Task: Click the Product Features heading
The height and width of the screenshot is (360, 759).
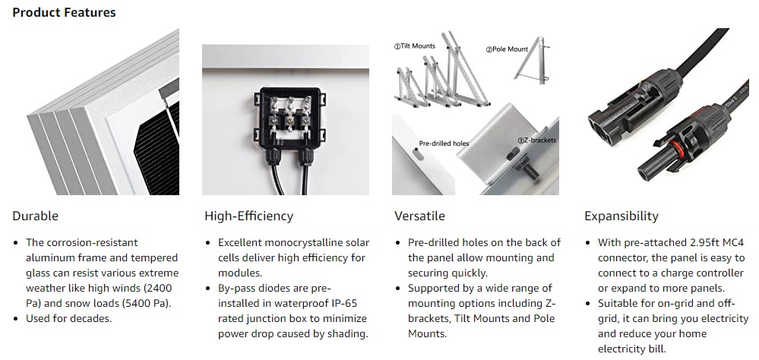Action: [x=64, y=12]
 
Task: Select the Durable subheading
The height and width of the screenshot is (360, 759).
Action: [x=36, y=216]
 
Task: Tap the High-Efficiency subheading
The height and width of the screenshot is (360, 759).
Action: [x=248, y=216]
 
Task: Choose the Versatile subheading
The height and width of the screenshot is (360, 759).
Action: [x=419, y=216]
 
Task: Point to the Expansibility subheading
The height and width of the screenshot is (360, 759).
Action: [x=621, y=216]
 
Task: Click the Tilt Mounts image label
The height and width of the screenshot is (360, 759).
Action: [x=414, y=46]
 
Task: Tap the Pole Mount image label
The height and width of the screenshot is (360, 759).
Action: [x=507, y=49]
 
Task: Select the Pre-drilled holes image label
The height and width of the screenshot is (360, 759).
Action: [x=444, y=144]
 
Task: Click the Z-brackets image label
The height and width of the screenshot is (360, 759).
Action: [x=537, y=141]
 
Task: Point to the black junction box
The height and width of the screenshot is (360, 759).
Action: [x=289, y=119]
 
